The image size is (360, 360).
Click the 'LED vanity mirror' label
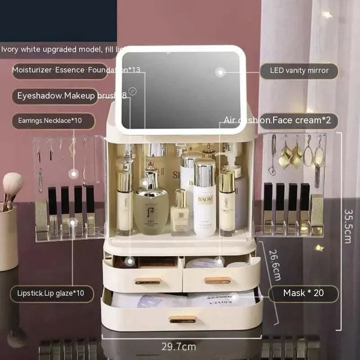pyautogui.click(x=299, y=71)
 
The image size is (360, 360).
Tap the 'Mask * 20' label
pyautogui.click(x=303, y=293)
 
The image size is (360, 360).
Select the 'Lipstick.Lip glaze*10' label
pyautogui.click(x=53, y=294)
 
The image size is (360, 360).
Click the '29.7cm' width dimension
pyautogui.click(x=179, y=346)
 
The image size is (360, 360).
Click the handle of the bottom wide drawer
pyautogui.click(x=183, y=319)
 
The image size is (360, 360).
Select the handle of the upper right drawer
pyautogui.click(x=218, y=280)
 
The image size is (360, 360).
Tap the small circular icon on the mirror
pyautogui.click(x=132, y=90)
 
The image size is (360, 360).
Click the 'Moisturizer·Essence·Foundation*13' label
pyautogui.click(x=76, y=70)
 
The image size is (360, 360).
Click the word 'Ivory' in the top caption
pyautogui.click(x=10, y=49)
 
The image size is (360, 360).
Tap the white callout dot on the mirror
pyautogui.click(x=220, y=72)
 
